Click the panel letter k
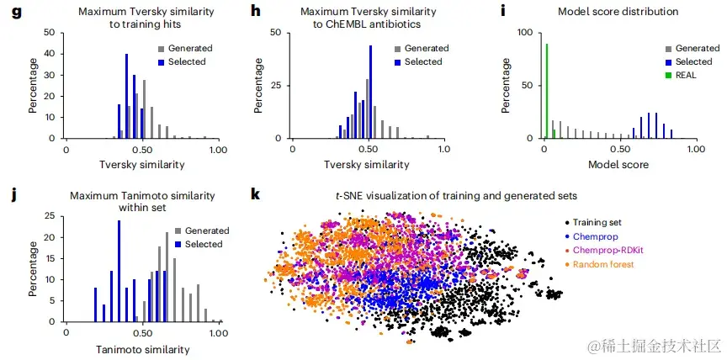[257, 195]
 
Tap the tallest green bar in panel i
[547, 91]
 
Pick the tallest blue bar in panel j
[119, 272]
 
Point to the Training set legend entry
[597, 222]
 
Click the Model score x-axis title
[618, 164]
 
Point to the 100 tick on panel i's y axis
[527, 32]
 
